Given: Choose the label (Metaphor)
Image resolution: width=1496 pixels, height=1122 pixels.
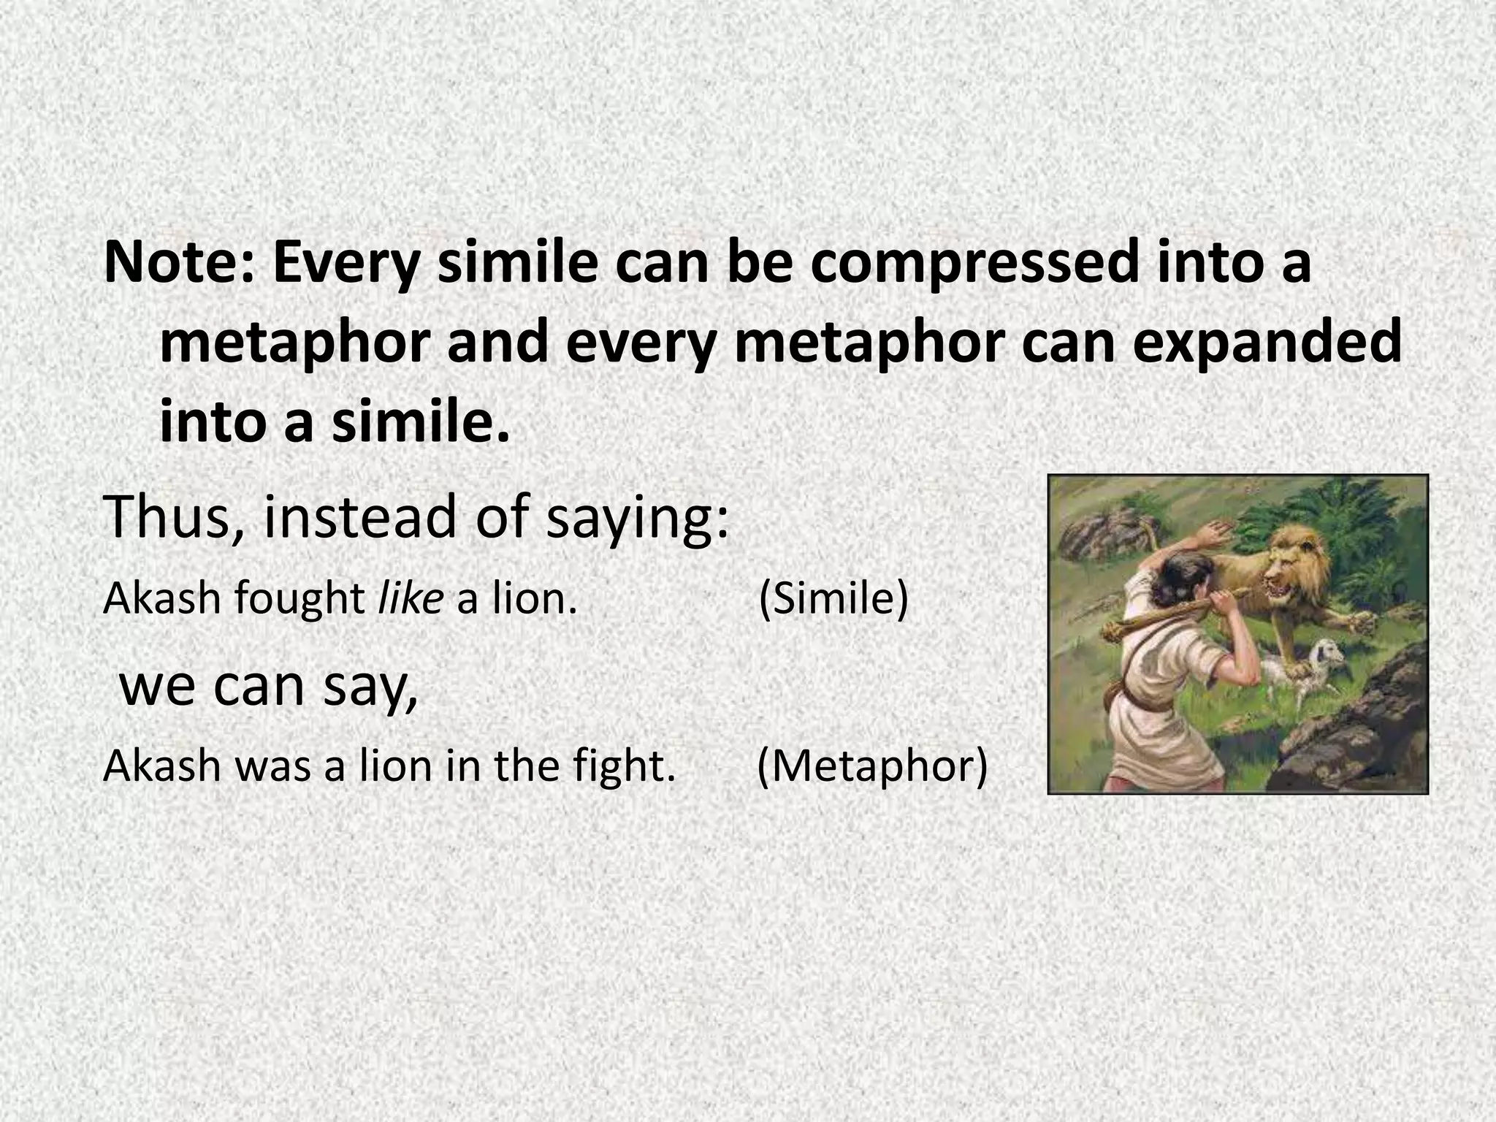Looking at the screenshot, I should coord(872,767).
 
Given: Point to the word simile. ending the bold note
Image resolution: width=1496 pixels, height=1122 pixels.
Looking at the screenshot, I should coord(420,424).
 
